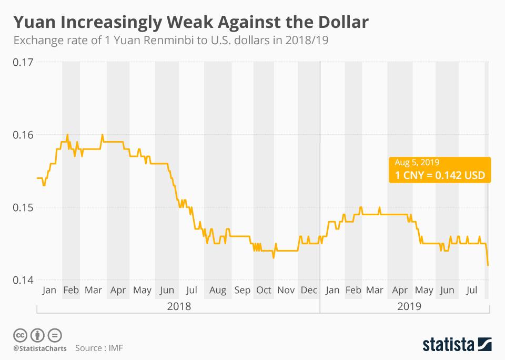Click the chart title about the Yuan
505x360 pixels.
tap(190, 22)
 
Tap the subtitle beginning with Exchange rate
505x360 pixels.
tap(171, 41)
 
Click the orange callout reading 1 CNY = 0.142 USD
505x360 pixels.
tap(440, 176)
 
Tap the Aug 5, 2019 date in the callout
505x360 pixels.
tap(417, 163)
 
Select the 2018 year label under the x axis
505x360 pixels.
tap(178, 306)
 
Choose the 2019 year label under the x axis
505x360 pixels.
tap(410, 306)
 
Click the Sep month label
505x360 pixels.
tap(243, 290)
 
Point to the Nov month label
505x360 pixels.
tap(286, 290)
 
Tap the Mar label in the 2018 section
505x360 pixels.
tap(93, 290)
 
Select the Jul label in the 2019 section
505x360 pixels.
tap(472, 290)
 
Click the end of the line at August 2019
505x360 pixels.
tap(488, 265)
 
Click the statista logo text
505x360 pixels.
tap(448, 345)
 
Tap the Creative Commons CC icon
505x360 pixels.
tap(20, 335)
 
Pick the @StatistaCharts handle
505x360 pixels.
tap(39, 348)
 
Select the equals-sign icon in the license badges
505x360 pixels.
tap(55, 335)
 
